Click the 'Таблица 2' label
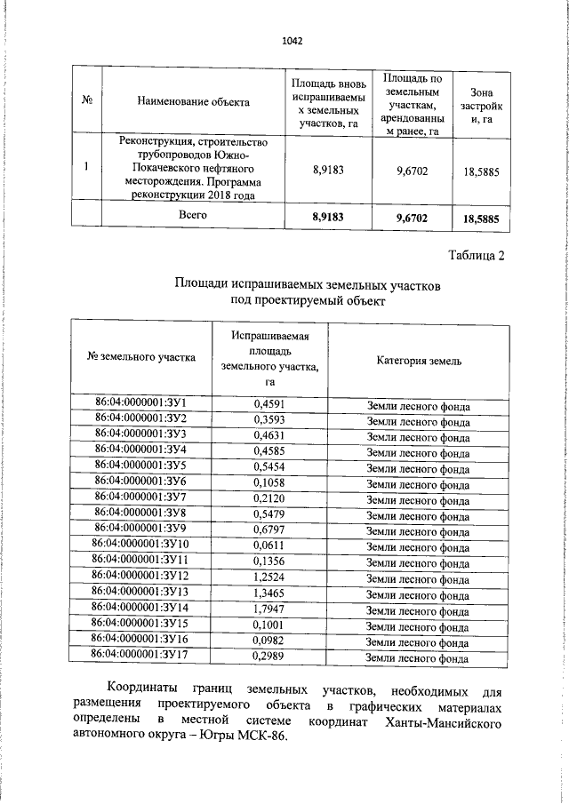click(x=476, y=257)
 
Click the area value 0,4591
click(x=269, y=405)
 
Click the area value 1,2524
click(x=269, y=577)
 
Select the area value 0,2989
click(x=269, y=657)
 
